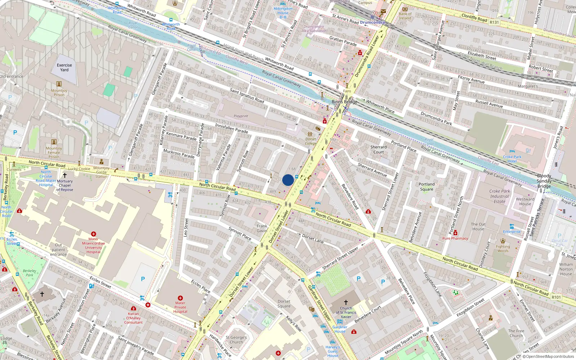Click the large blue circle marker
click(x=288, y=180)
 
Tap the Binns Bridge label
click(x=345, y=102)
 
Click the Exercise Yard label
click(x=64, y=68)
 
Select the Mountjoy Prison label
click(x=59, y=93)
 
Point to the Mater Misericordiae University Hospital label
click(x=93, y=246)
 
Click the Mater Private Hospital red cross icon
click(x=180, y=298)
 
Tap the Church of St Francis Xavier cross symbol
click(x=346, y=302)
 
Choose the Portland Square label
click(x=427, y=186)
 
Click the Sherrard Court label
click(x=378, y=149)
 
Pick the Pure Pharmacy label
click(x=455, y=238)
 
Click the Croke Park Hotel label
click(x=512, y=159)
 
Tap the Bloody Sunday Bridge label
click(x=544, y=181)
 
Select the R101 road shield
click(x=556, y=297)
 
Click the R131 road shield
click(x=494, y=22)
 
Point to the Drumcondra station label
click(x=372, y=22)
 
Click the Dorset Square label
click(x=284, y=304)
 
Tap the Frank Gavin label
click(x=262, y=229)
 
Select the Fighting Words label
click(x=503, y=249)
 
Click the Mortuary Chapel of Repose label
click(x=65, y=185)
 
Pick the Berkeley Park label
click(x=30, y=273)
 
